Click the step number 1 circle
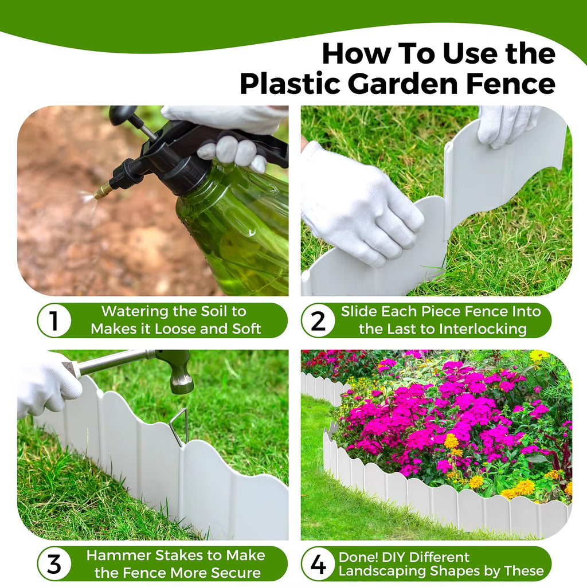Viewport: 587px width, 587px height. tap(54, 320)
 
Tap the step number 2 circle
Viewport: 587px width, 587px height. tap(318, 320)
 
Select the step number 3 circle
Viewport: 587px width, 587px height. tap(54, 563)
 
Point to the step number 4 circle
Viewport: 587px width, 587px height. tap(318, 563)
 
